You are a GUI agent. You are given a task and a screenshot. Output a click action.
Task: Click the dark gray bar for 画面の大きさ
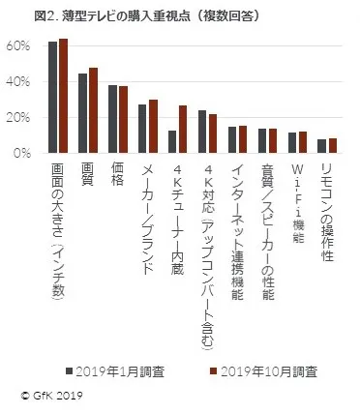coord(53,98)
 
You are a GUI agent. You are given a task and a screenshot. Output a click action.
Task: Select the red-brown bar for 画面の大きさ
coord(63,96)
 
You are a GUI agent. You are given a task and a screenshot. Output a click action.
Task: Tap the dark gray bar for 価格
coord(112,119)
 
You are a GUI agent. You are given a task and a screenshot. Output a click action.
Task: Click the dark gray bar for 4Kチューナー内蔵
coord(172,141)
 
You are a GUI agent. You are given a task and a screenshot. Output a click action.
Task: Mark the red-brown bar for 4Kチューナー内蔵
coord(182,129)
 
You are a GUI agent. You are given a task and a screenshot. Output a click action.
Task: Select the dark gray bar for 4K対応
coord(202,132)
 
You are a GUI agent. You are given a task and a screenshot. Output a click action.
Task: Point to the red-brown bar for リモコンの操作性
coord(332,145)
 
